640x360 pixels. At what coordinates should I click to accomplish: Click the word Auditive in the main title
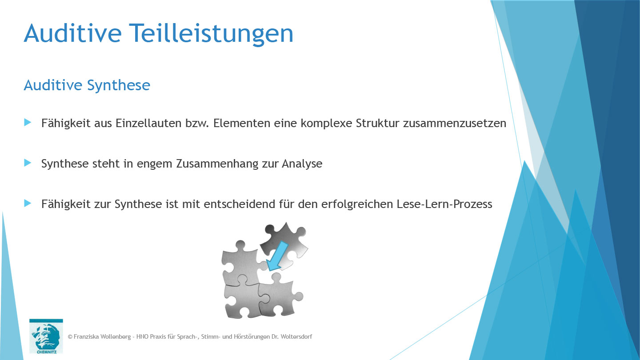click(x=71, y=33)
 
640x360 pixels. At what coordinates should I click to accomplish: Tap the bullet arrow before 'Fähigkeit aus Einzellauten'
click(x=28, y=122)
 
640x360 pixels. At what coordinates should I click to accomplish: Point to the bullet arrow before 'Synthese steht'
click(x=28, y=163)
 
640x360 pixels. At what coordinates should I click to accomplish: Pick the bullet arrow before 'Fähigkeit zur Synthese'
click(x=28, y=204)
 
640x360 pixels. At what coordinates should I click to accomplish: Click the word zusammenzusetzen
click(x=454, y=123)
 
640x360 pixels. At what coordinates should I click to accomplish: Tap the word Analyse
click(x=302, y=164)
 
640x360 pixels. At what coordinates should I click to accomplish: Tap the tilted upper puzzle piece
click(x=287, y=242)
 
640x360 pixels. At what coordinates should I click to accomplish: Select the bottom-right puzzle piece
click(x=278, y=296)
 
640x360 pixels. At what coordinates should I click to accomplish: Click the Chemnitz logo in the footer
click(x=46, y=336)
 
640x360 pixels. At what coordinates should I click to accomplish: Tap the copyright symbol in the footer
click(x=70, y=337)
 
